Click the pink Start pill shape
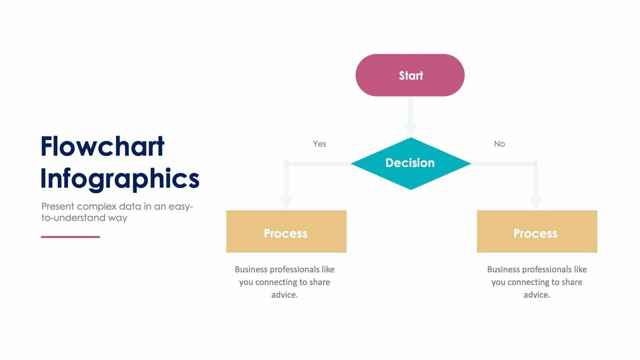coord(410,75)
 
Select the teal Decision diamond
coord(410,163)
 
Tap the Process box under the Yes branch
coord(286,232)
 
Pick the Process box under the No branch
coord(537,232)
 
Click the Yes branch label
coord(320,144)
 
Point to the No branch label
coord(499,144)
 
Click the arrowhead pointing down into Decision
coord(410,129)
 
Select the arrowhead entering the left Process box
coord(286,202)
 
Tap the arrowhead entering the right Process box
coord(536,203)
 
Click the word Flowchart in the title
coord(103,146)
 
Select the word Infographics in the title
coord(120,179)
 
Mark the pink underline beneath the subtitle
coord(70,237)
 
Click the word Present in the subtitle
coord(57,207)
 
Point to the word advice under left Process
coord(284,295)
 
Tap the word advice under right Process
coord(536,295)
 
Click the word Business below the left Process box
coord(251,269)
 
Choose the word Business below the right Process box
coord(504,269)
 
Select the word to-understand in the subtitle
coord(74,218)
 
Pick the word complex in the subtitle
coord(97,207)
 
